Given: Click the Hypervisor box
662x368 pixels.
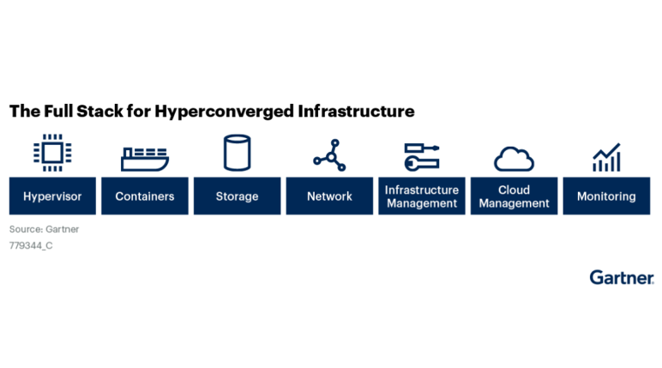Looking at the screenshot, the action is point(52,196).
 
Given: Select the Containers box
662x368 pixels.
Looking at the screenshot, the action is point(145,196).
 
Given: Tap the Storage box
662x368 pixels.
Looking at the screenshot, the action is point(238,196).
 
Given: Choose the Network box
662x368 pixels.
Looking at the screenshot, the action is point(330,196).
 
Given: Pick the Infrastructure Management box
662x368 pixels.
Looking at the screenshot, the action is point(422,196).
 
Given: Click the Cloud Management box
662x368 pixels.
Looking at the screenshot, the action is point(515,196).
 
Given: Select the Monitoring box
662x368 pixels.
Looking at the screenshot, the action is point(607,196).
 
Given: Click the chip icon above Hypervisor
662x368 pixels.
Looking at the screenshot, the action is point(52,153).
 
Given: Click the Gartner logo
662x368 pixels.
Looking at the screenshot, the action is point(622,278).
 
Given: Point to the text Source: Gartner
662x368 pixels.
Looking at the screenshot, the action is point(45,229).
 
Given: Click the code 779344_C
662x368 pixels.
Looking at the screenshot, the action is point(31,246).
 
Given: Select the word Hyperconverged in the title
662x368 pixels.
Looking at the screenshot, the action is point(224,112).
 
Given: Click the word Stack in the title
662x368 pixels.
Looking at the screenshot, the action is point(99,112).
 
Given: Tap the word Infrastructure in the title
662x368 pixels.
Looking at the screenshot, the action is point(357,112).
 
